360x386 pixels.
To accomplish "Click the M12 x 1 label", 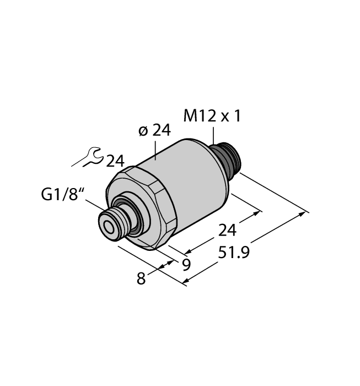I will [212, 116].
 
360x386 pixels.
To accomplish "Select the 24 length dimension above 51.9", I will [225, 230].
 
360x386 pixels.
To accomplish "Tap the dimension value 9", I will [186, 265].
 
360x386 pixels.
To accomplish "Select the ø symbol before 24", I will [143, 131].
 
